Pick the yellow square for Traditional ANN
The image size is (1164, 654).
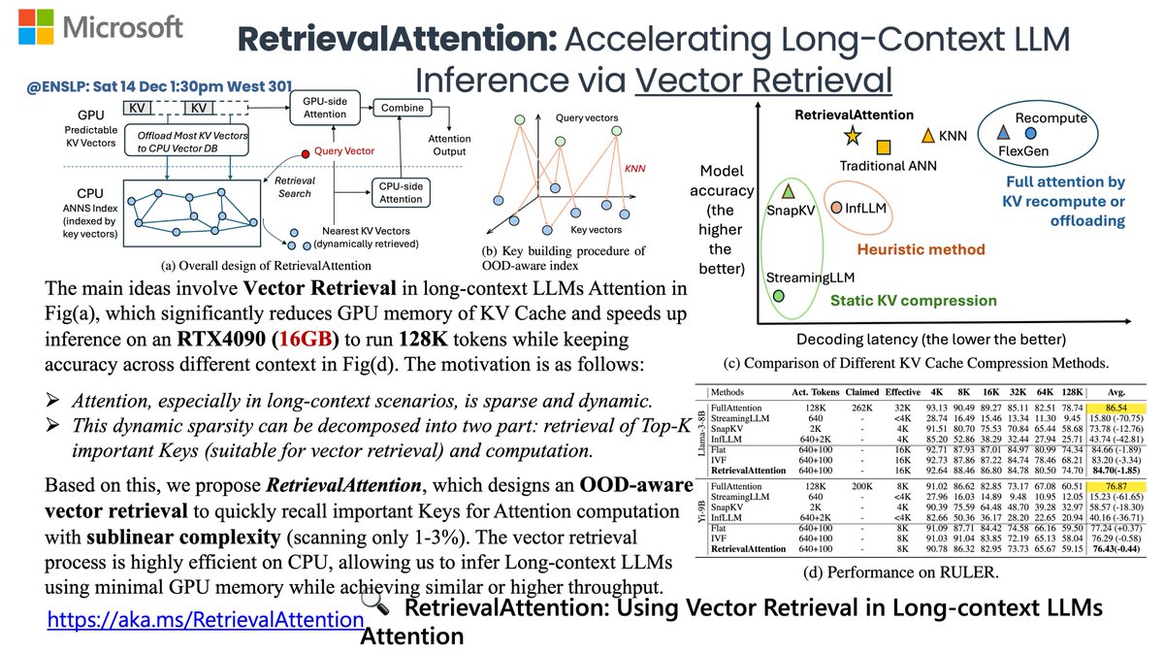coord(884,147)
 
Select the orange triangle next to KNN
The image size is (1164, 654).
coord(927,136)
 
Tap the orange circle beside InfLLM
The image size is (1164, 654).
coord(836,208)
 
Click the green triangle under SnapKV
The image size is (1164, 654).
coord(789,191)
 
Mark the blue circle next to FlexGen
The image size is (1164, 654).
coord(1030,132)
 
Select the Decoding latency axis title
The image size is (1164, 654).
coord(930,339)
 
